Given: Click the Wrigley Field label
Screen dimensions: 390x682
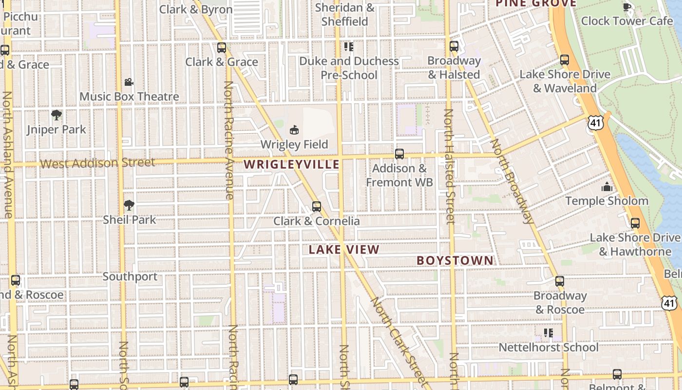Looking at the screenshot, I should (x=294, y=144).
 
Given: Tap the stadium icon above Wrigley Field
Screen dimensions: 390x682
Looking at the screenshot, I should (x=294, y=130).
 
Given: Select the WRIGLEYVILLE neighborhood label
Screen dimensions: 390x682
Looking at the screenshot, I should (x=291, y=164).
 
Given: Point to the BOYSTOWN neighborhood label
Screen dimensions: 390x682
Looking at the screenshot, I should (x=455, y=260).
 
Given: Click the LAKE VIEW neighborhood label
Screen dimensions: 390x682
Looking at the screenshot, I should (x=344, y=250).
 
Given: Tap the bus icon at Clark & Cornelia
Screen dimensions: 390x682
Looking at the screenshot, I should (x=317, y=207).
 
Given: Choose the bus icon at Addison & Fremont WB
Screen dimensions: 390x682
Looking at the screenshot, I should (x=399, y=154).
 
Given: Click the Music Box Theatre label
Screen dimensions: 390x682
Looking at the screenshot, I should (x=129, y=97).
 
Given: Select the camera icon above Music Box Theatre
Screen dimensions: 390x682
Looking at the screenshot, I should (x=129, y=82).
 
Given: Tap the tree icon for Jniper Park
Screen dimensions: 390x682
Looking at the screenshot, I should (x=57, y=116).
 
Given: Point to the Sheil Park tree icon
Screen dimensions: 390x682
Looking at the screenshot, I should (x=129, y=205).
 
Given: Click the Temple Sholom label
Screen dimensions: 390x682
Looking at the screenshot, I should (x=606, y=201).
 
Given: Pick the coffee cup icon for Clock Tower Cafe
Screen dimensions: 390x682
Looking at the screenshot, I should (x=627, y=7).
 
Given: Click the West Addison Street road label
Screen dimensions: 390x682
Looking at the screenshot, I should (x=97, y=162).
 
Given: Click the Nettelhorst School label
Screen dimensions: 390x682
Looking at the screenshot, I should (x=549, y=348).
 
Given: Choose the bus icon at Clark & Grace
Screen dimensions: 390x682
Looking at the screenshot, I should (x=222, y=48).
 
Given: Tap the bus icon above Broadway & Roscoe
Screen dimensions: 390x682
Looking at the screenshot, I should (x=560, y=281).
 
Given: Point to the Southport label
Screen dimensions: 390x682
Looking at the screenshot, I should (x=130, y=276).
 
